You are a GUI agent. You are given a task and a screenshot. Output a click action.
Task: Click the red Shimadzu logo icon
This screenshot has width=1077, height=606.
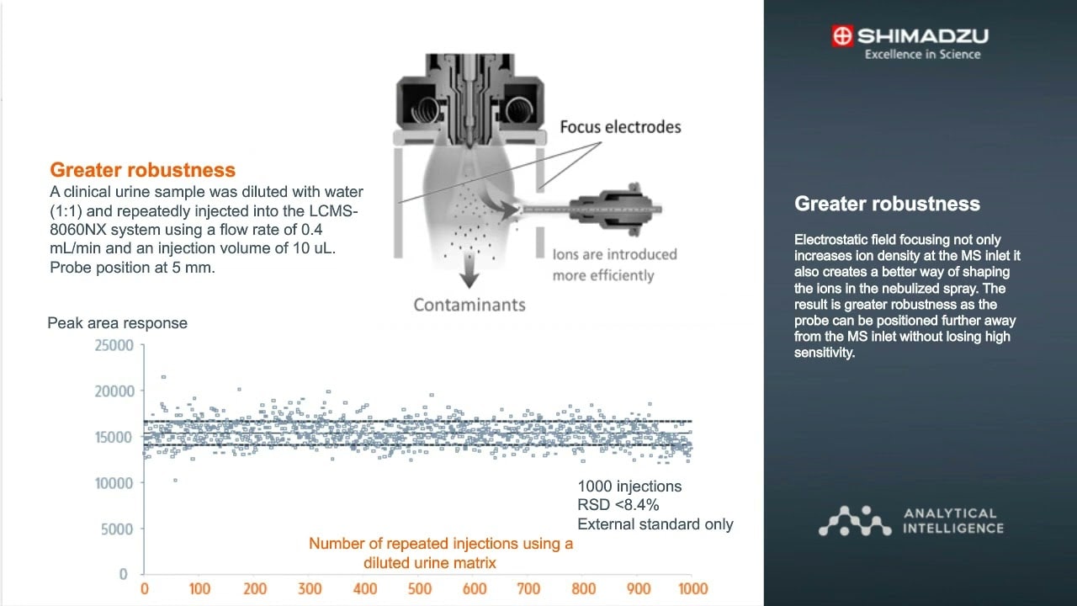click(841, 36)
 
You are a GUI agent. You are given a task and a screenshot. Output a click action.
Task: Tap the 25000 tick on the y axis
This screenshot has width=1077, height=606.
click(115, 345)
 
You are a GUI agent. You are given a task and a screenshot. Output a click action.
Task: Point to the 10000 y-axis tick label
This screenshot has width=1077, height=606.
click(115, 483)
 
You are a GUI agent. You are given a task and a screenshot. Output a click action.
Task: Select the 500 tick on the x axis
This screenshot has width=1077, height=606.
click(420, 588)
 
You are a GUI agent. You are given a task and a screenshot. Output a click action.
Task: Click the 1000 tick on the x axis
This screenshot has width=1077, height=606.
click(692, 588)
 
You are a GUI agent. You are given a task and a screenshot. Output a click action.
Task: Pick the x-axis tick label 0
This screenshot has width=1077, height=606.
click(145, 588)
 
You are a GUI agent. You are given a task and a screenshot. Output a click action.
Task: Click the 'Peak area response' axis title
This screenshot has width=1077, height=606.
click(117, 323)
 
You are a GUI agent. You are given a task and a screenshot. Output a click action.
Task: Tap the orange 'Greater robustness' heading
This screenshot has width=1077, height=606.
click(142, 170)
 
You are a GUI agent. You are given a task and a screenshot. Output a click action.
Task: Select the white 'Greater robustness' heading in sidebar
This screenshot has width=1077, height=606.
click(887, 204)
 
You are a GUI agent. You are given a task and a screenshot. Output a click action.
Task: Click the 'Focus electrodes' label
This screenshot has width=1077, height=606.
click(620, 127)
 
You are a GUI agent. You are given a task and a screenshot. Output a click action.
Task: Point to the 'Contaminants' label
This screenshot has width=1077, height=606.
click(469, 305)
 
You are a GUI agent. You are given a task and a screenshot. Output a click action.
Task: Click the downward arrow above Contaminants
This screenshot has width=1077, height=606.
click(469, 275)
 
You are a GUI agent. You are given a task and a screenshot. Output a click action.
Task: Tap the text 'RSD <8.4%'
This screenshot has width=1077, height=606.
click(618, 505)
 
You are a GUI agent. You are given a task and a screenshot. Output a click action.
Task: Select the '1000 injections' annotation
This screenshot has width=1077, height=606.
click(629, 486)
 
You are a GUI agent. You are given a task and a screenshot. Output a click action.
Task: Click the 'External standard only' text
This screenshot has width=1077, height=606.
click(655, 524)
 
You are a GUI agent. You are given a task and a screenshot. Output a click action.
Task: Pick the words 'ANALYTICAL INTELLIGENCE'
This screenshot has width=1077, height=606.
click(952, 521)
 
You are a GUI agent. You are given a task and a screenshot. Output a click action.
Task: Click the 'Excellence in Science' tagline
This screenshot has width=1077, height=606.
click(922, 55)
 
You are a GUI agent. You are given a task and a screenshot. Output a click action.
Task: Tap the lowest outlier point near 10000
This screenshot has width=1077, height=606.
click(175, 480)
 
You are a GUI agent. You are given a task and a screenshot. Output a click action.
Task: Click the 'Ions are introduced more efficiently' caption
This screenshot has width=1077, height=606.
click(614, 264)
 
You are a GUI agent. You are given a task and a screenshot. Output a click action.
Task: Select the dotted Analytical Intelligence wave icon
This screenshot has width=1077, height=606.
click(855, 521)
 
